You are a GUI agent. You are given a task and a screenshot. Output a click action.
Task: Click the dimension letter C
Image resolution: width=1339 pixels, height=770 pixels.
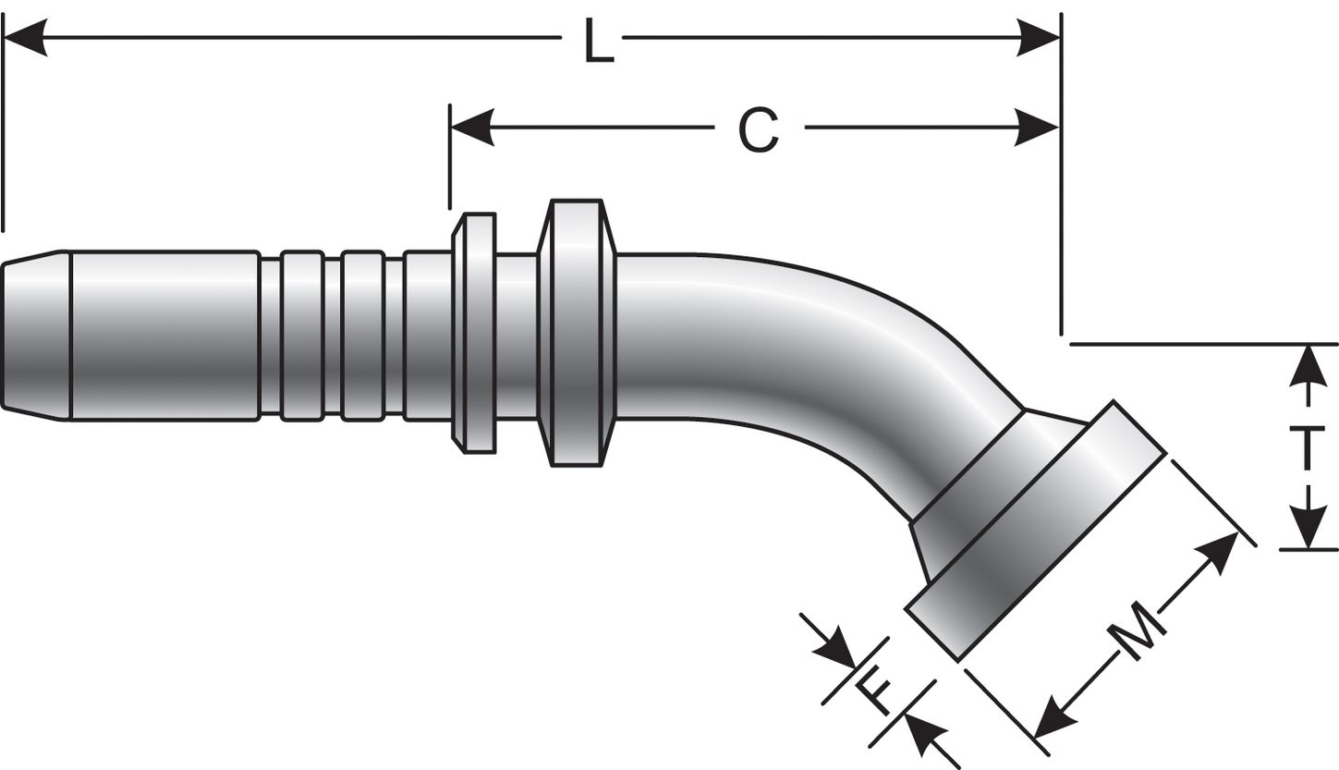pos(760,130)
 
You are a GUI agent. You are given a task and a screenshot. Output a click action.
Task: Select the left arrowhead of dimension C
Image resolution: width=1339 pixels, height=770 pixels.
pos(472,127)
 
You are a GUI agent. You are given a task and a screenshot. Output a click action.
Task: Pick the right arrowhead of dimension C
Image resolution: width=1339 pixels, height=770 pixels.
pos(1037,127)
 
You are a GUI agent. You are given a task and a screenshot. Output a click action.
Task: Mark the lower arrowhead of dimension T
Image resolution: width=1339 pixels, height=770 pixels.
pos(1307,530)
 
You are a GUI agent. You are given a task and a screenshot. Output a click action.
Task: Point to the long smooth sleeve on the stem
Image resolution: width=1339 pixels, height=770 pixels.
pos(164,335)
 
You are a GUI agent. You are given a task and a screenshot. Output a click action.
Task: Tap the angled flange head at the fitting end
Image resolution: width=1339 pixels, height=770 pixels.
pos(1035,532)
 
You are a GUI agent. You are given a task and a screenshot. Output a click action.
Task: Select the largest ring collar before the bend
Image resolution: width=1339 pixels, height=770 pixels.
pos(577,333)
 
